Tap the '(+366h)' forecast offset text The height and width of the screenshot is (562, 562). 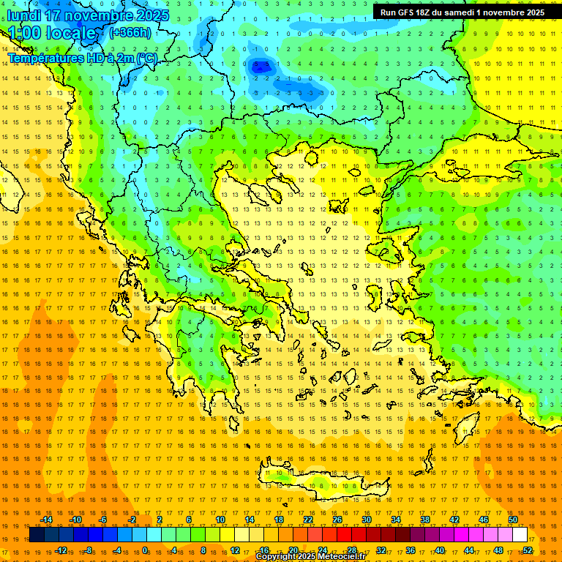(130, 32)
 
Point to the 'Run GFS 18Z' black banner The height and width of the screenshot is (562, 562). (462, 12)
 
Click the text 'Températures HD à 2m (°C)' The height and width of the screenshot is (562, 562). (83, 58)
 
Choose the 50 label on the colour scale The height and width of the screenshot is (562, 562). (512, 520)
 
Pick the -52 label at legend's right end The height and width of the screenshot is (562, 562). (526, 550)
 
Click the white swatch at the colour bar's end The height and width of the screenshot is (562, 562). (520, 535)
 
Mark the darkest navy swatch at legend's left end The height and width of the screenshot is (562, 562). (37, 535)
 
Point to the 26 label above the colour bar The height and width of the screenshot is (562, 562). (337, 520)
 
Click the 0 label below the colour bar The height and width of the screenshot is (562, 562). (145, 550)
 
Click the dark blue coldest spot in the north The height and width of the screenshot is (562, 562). (259, 67)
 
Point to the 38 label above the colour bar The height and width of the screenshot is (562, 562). (424, 520)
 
